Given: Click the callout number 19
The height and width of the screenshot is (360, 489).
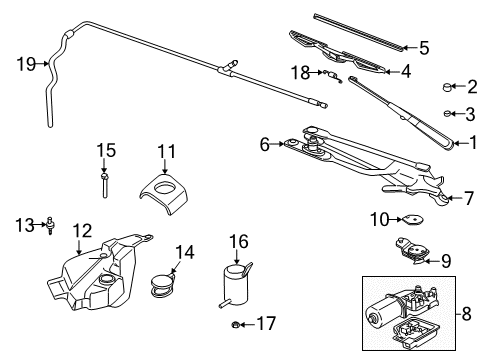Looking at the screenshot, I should click(x=26, y=65).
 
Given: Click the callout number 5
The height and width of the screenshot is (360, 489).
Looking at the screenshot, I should click(x=423, y=47).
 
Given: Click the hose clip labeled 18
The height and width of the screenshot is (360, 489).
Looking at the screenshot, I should click(x=333, y=74).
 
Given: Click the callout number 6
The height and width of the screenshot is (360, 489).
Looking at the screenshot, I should click(x=265, y=144).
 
